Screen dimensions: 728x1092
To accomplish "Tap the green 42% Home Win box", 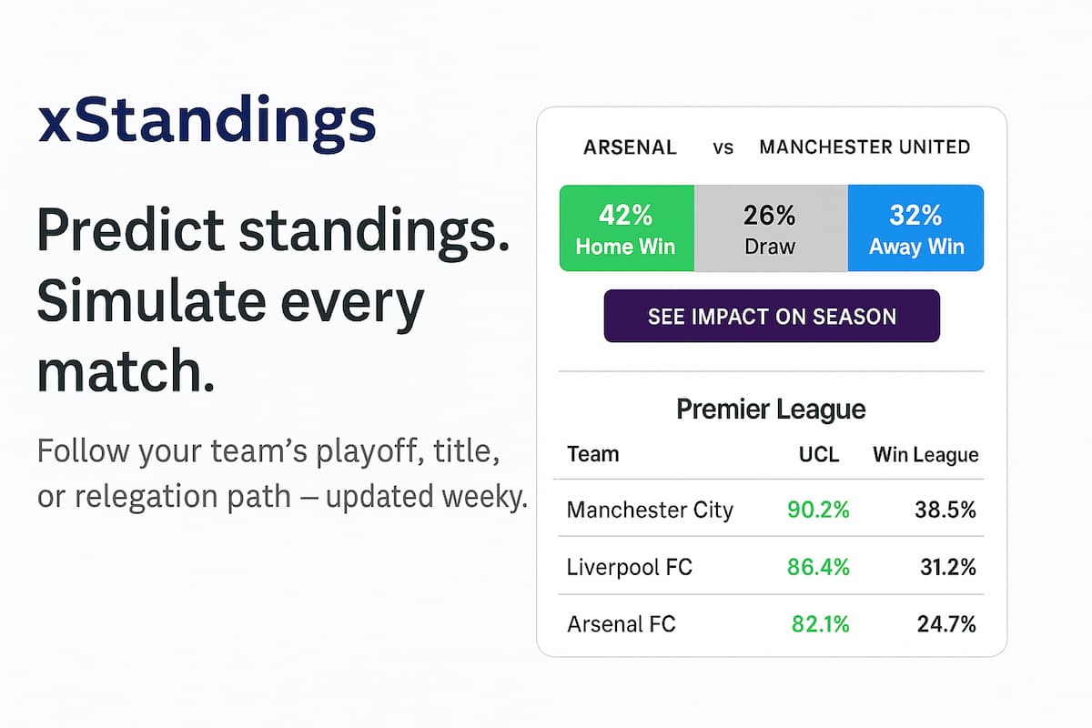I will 626,228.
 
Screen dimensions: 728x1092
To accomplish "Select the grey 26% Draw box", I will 770,228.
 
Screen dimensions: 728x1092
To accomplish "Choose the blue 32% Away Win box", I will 915,228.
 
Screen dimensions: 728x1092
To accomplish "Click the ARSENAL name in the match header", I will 630,147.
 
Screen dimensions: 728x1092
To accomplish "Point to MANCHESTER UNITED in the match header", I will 864,147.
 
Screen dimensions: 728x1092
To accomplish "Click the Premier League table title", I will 771,409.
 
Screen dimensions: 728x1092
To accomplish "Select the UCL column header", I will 819,455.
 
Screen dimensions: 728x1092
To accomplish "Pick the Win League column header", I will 925,455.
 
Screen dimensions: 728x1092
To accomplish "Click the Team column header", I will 592,455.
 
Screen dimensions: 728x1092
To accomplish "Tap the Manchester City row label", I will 650,511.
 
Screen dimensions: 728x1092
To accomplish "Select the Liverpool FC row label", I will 629,568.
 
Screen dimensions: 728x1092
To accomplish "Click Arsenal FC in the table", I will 622,625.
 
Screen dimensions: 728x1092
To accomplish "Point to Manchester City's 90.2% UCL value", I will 818,511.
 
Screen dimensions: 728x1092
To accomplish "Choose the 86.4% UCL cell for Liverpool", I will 818,568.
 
